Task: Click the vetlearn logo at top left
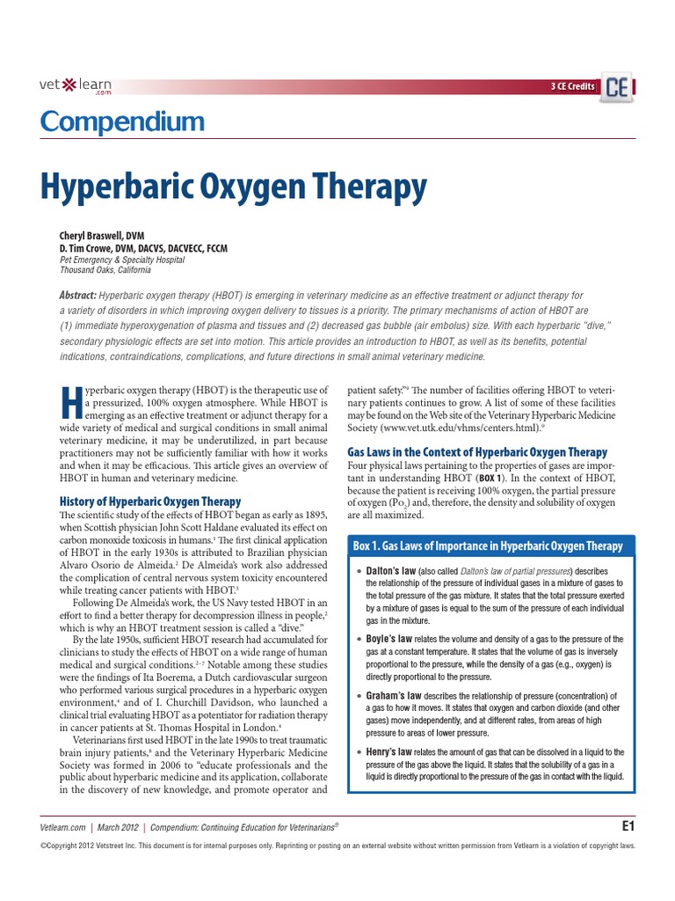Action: (76, 86)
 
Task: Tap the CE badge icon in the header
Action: (618, 87)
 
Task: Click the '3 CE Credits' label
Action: (572, 86)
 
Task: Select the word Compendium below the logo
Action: (122, 121)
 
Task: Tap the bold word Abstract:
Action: (78, 297)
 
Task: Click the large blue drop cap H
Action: (71, 402)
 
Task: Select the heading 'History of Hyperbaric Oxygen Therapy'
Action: (150, 501)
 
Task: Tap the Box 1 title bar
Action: (488, 546)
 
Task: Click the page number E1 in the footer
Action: (628, 826)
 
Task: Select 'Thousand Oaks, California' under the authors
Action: (106, 270)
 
